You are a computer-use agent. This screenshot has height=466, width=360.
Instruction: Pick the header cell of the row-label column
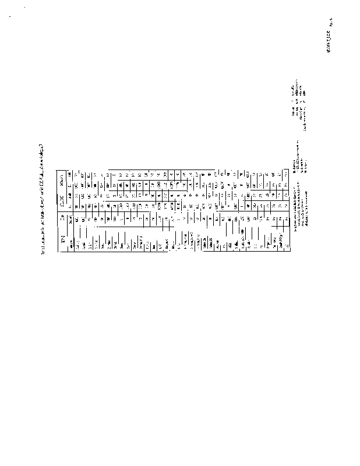[x=63, y=237]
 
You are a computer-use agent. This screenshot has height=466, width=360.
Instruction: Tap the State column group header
[x=63, y=185]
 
